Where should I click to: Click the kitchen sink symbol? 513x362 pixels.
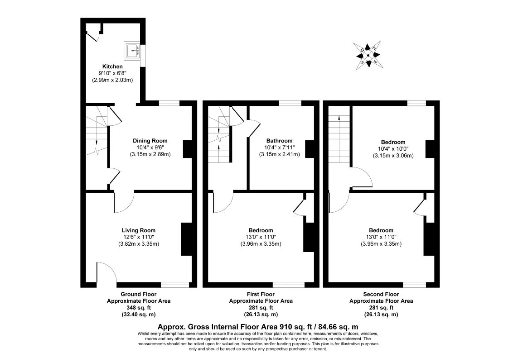(x=132, y=51)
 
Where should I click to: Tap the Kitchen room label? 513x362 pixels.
(x=112, y=67)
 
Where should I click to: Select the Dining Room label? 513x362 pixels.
(x=150, y=141)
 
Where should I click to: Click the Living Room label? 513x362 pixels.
(x=139, y=230)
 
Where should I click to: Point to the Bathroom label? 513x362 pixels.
(x=280, y=141)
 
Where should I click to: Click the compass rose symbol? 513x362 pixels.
(x=368, y=55)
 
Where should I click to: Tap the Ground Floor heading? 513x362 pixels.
(x=139, y=294)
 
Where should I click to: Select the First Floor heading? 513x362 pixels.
(x=261, y=294)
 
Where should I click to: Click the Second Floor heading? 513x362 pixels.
(x=381, y=294)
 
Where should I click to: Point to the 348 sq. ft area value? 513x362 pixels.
(x=139, y=308)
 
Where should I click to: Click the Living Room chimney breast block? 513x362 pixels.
(x=187, y=239)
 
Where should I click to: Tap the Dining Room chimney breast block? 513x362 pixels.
(x=188, y=149)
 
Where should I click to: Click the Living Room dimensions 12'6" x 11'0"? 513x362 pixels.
(x=139, y=237)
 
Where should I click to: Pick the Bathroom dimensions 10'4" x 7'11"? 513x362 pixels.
(x=280, y=148)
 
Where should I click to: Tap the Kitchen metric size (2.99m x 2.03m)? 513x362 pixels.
(x=112, y=80)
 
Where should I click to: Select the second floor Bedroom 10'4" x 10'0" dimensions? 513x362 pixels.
(x=393, y=149)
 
